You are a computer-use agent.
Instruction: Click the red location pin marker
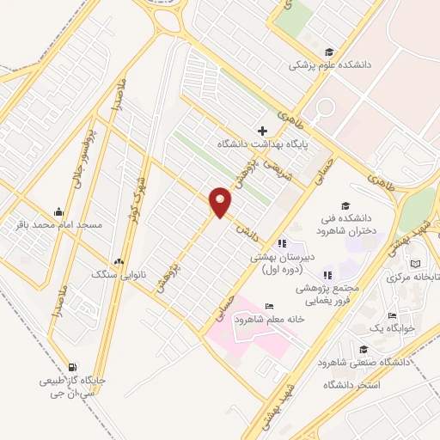tap(221, 201)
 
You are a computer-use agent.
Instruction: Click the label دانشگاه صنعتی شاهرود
tap(365, 363)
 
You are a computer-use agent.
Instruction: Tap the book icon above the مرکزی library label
tap(417, 263)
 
